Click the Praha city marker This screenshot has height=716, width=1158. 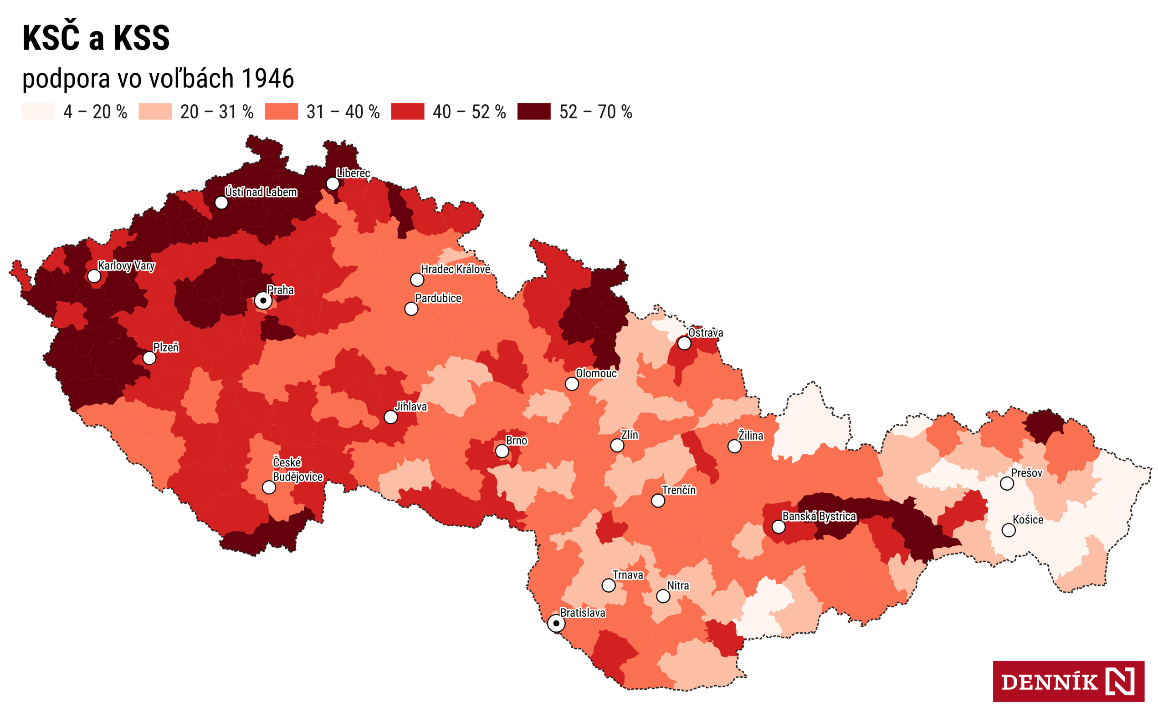[x=263, y=300]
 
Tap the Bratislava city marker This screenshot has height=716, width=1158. [x=556, y=623]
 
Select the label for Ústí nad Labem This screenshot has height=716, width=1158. [x=261, y=192]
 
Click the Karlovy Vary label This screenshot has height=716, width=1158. [x=126, y=266]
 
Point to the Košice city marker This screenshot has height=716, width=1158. [x=1008, y=530]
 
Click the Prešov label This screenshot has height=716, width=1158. [x=1026, y=472]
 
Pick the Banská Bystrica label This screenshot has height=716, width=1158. [x=819, y=516]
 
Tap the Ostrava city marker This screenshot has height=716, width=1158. [x=684, y=343]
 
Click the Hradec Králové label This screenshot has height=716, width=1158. [x=456, y=269]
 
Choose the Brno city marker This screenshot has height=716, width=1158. [x=502, y=451]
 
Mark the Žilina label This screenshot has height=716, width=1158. [x=751, y=436]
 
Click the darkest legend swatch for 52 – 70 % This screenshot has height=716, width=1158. [x=533, y=111]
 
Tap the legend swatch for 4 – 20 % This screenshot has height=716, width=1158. [x=38, y=111]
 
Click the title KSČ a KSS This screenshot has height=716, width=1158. [x=96, y=38]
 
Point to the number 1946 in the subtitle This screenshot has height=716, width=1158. [x=268, y=78]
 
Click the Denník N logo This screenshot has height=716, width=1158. [x=1068, y=681]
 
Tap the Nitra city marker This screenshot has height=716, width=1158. [x=663, y=596]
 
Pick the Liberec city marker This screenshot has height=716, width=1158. [x=333, y=183]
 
